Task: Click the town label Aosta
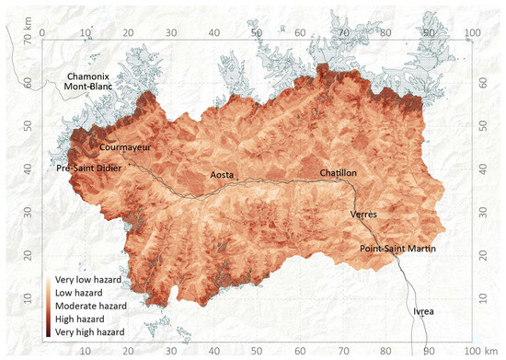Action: [226, 174]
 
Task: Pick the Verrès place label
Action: [364, 214]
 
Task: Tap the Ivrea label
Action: [424, 311]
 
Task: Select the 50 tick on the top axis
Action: [257, 33]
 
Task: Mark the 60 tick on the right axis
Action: [485, 84]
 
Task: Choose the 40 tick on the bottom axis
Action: [213, 351]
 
